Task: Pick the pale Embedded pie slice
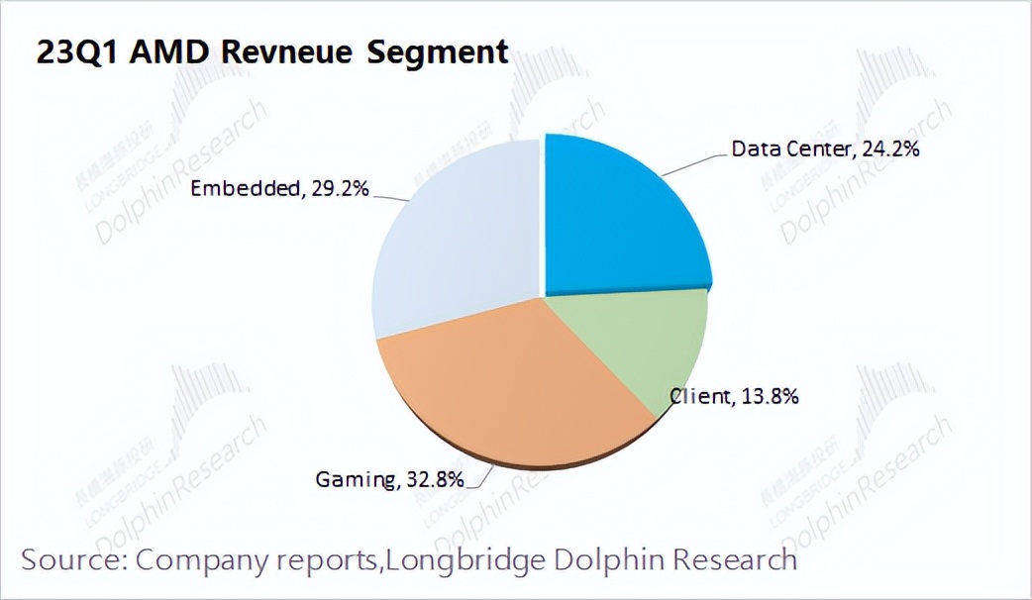click(456, 238)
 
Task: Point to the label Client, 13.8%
click(734, 397)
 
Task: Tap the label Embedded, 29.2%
click(280, 188)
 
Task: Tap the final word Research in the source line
click(736, 559)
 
